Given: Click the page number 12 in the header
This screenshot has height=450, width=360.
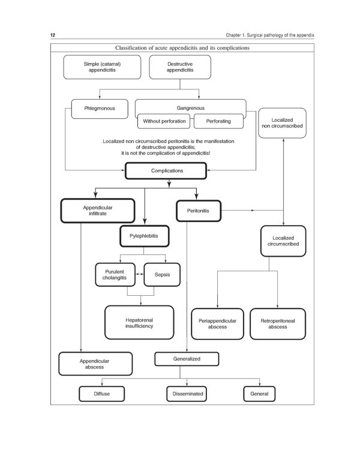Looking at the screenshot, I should tap(52, 36).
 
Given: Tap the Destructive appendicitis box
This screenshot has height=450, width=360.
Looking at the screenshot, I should tap(175, 67).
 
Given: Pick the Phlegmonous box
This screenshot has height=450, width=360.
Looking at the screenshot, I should tap(100, 109).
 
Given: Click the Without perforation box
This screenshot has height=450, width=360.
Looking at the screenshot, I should tap(164, 121).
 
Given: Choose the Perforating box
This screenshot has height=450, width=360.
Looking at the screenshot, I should tap(220, 121).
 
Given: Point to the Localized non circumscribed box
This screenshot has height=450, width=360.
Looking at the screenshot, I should tap(282, 124).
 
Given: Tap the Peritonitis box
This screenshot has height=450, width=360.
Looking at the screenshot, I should tap(198, 211).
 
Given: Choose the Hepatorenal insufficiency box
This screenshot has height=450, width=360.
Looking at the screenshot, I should tap(139, 322).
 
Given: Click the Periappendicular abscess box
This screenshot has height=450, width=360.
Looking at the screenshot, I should tap(217, 324).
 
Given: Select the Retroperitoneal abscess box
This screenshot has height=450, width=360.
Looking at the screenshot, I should tap(277, 324).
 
